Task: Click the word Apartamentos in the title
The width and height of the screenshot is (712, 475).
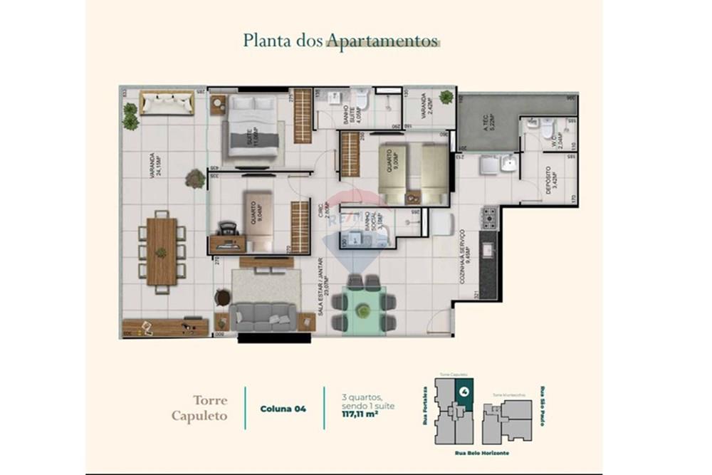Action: [x=382, y=41]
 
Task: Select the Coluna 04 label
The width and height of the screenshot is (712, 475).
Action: [x=283, y=409]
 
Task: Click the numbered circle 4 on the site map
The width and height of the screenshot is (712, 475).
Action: [x=464, y=391]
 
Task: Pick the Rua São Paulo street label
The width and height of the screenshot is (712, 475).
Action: [x=543, y=409]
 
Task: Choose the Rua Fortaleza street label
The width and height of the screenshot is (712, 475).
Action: [x=425, y=409]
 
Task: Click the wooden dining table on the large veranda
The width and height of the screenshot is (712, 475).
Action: [x=162, y=251]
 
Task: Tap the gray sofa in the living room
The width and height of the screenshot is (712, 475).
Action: [x=263, y=315]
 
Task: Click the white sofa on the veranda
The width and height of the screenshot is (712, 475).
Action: [x=167, y=102]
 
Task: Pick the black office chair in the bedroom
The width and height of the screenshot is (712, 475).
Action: [x=227, y=229]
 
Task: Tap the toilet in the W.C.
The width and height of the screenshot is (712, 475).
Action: [x=547, y=130]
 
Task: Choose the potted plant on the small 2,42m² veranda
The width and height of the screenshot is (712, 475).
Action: [x=446, y=97]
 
